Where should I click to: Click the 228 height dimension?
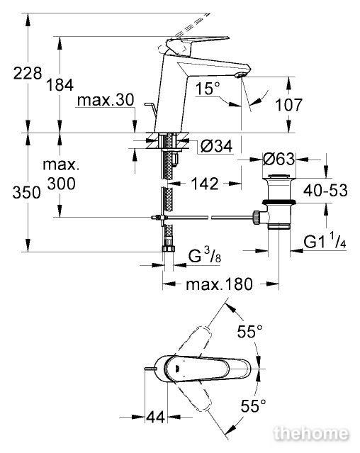28,73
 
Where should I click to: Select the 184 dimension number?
60,85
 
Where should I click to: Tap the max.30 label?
106,100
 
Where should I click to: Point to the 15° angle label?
208,89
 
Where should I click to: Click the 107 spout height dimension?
288,105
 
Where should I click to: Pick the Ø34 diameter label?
217,146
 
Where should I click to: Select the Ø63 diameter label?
279,159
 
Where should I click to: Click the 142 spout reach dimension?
205,184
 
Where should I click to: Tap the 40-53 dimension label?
325,191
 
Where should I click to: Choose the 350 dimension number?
26,192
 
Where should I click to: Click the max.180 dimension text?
220,284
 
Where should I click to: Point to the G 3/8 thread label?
205,256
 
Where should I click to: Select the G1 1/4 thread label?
325,242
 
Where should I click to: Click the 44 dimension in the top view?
156,417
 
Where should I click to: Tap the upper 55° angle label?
250,331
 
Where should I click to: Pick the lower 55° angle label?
254,406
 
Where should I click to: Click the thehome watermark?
311,434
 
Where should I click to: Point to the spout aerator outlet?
240,75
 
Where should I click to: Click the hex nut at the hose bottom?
168,248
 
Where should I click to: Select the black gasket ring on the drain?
279,202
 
